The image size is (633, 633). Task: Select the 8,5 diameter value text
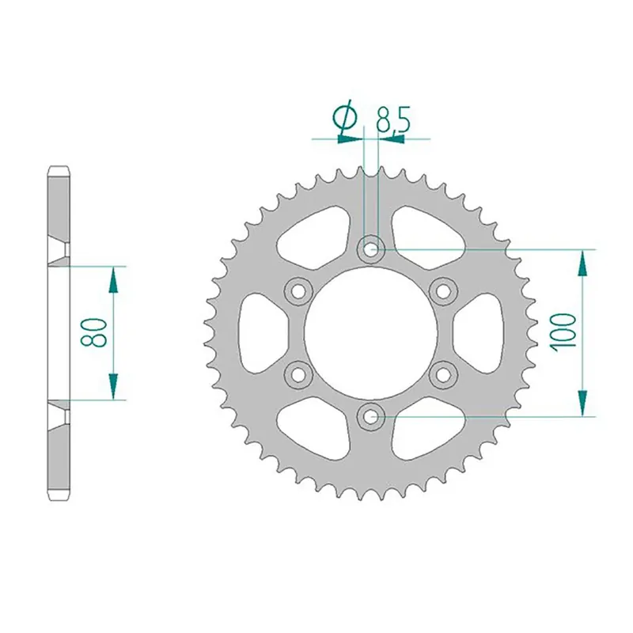pos(392,120)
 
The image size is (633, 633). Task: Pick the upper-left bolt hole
pos(299,290)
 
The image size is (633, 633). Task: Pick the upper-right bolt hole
pos(442,290)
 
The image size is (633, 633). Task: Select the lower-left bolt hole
pos(299,373)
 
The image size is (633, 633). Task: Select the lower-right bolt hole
pos(442,373)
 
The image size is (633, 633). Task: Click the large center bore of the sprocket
pos(370,332)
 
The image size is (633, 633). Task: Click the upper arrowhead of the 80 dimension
pos(114,274)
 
